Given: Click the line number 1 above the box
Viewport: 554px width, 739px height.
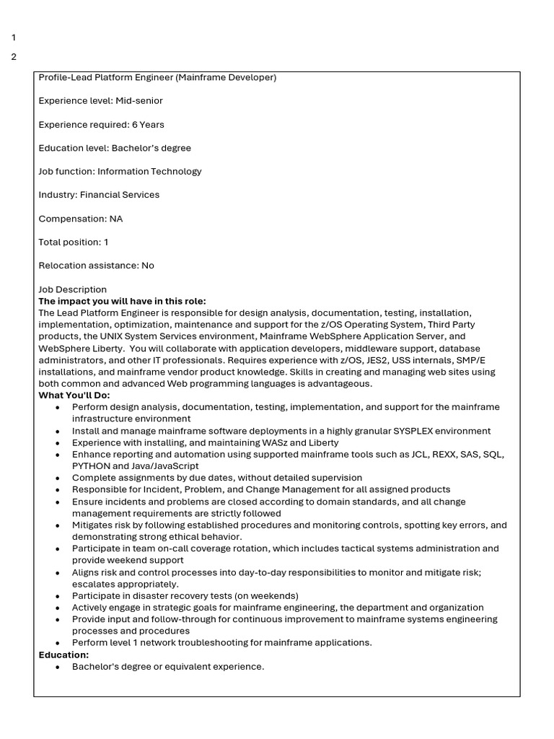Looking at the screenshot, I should pos(14,38).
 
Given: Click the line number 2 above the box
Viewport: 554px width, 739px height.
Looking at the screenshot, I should pos(14,57).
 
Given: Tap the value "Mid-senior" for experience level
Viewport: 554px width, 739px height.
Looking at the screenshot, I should pos(139,100).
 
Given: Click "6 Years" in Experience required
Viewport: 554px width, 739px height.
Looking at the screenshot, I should pos(148,124).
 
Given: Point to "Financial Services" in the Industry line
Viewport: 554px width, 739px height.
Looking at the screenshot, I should pos(120,195).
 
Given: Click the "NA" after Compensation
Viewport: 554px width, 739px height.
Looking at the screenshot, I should pos(116,218).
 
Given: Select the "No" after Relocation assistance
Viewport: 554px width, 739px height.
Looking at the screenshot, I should pos(148,265).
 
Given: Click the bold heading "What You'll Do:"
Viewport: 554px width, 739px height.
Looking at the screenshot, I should pos(74,395).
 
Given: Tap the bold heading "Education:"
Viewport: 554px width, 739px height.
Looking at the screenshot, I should pos(63,655).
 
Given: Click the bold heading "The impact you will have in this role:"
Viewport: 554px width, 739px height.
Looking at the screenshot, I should pos(122,301).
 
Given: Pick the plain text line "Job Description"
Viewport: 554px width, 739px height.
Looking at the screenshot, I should pos(73,289).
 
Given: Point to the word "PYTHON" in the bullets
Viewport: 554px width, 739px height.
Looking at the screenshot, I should pos(91,466).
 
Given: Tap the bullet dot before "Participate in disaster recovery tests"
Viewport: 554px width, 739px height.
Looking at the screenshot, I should pos(58,596).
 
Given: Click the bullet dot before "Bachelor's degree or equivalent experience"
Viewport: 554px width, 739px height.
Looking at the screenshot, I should pos(58,667).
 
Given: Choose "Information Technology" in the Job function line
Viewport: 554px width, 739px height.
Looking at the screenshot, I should pos(149,171).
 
